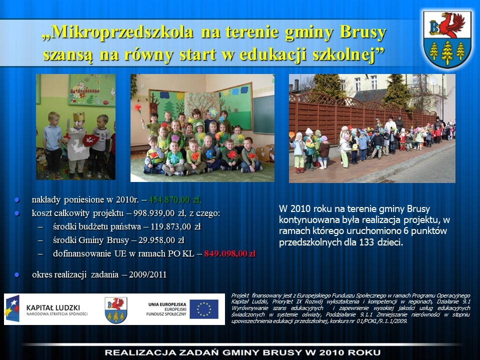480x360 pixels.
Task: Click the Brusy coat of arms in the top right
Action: (447, 39)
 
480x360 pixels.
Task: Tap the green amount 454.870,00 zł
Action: (175, 200)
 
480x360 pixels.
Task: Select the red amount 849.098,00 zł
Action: (230, 254)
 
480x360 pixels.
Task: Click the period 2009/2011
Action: (147, 274)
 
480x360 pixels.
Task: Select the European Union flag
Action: (204, 309)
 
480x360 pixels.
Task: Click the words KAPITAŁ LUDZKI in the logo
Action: (53, 307)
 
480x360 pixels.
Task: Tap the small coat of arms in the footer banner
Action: (116, 310)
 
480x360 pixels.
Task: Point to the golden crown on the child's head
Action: (78, 116)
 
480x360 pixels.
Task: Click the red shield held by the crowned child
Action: (91, 140)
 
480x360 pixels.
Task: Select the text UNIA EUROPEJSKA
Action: (167, 304)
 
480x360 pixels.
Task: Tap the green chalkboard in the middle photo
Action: (263, 114)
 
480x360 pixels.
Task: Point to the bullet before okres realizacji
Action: (17, 275)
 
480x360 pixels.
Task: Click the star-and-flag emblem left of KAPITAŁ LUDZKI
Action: (12, 308)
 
